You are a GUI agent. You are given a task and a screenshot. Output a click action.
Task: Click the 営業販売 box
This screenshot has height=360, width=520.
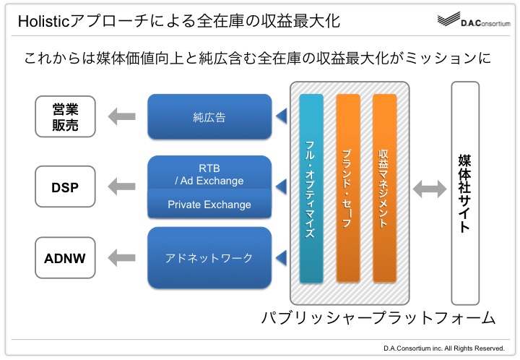tap(65, 116)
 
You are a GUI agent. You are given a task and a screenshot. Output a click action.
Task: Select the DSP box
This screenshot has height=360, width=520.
tap(65, 187)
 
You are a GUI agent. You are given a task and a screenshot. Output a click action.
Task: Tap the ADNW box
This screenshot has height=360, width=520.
tap(65, 258)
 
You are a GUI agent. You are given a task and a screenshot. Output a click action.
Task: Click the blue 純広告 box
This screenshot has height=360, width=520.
tap(209, 116)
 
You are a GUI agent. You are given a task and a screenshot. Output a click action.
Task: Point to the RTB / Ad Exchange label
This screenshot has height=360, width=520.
tap(209, 174)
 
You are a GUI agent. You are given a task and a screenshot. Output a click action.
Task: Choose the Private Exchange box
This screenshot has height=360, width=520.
tap(209, 204)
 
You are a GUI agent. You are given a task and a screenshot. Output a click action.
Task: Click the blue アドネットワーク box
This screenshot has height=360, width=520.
tap(209, 258)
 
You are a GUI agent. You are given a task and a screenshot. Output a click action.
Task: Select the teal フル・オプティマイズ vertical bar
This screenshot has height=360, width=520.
tap(311, 189)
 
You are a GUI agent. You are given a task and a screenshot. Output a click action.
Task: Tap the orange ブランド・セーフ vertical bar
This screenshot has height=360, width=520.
tap(348, 189)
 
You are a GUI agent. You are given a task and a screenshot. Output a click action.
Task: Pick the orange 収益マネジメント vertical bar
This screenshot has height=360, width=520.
tap(384, 189)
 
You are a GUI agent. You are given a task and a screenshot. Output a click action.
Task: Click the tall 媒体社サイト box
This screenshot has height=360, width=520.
tap(465, 193)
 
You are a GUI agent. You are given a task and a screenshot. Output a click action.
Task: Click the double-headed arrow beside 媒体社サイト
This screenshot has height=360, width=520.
tap(430, 189)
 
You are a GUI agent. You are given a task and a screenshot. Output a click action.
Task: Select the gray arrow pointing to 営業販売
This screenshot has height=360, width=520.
tap(122, 116)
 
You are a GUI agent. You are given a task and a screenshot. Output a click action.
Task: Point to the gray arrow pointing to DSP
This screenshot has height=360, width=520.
tap(122, 187)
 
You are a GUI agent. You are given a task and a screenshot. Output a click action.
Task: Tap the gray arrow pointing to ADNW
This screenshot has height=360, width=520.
tap(122, 258)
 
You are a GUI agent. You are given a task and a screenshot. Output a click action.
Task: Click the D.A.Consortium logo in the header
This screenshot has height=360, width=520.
tap(474, 20)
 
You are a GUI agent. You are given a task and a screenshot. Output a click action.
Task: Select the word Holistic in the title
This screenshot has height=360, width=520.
tap(44, 21)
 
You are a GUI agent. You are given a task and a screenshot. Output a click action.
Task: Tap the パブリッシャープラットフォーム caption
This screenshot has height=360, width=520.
tap(378, 318)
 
